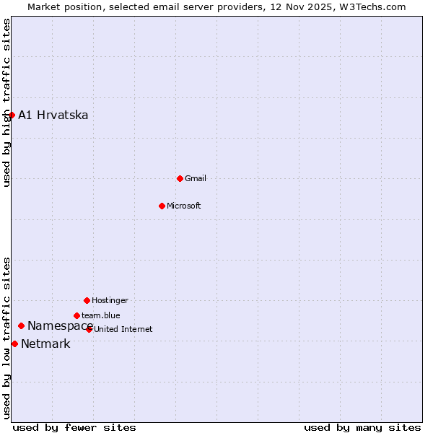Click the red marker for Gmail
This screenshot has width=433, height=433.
point(180,178)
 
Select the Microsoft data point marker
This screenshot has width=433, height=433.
point(162,206)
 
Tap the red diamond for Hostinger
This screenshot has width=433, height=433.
point(87,300)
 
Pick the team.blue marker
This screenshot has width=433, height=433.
point(76,315)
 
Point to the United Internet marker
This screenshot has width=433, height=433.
point(89,329)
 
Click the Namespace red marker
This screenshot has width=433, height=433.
point(21,326)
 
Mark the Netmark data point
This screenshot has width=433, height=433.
point(14,344)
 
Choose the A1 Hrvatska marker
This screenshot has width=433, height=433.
point(12,115)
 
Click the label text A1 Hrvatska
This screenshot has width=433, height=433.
point(53,115)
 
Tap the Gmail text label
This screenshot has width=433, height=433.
point(196,178)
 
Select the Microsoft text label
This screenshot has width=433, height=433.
point(184,206)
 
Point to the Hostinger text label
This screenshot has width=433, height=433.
point(110,300)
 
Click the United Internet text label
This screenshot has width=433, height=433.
point(123,329)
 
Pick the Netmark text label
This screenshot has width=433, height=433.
point(45,344)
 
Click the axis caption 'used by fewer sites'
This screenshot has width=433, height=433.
point(74,427)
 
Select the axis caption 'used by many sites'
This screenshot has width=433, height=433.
point(362,427)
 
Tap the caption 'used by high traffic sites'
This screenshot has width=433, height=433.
point(7,102)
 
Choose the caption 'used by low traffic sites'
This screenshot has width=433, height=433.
point(7,338)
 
